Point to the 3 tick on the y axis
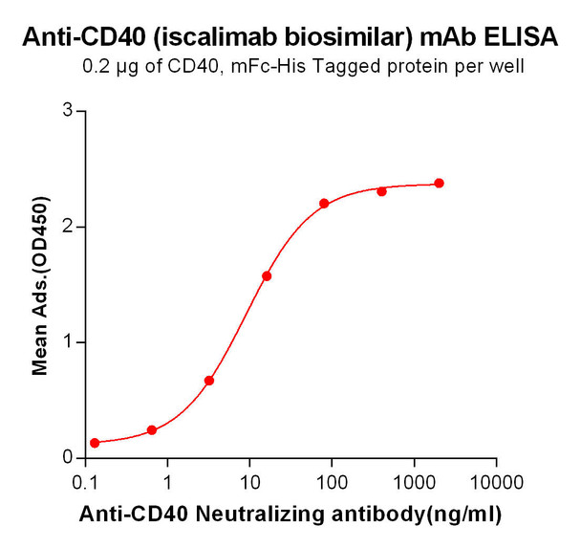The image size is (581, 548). pos(68,111)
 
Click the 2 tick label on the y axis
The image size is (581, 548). pos(68,227)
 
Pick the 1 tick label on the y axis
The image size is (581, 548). pos(68,342)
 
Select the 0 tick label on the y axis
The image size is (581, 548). pos(68,458)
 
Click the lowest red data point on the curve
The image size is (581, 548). pos(95,443)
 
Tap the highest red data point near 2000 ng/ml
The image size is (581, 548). pos(439,183)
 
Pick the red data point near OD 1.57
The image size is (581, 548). pos(267,276)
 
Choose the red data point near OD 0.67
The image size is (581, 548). pos(209,381)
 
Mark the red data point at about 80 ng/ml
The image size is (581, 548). pos(324,204)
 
